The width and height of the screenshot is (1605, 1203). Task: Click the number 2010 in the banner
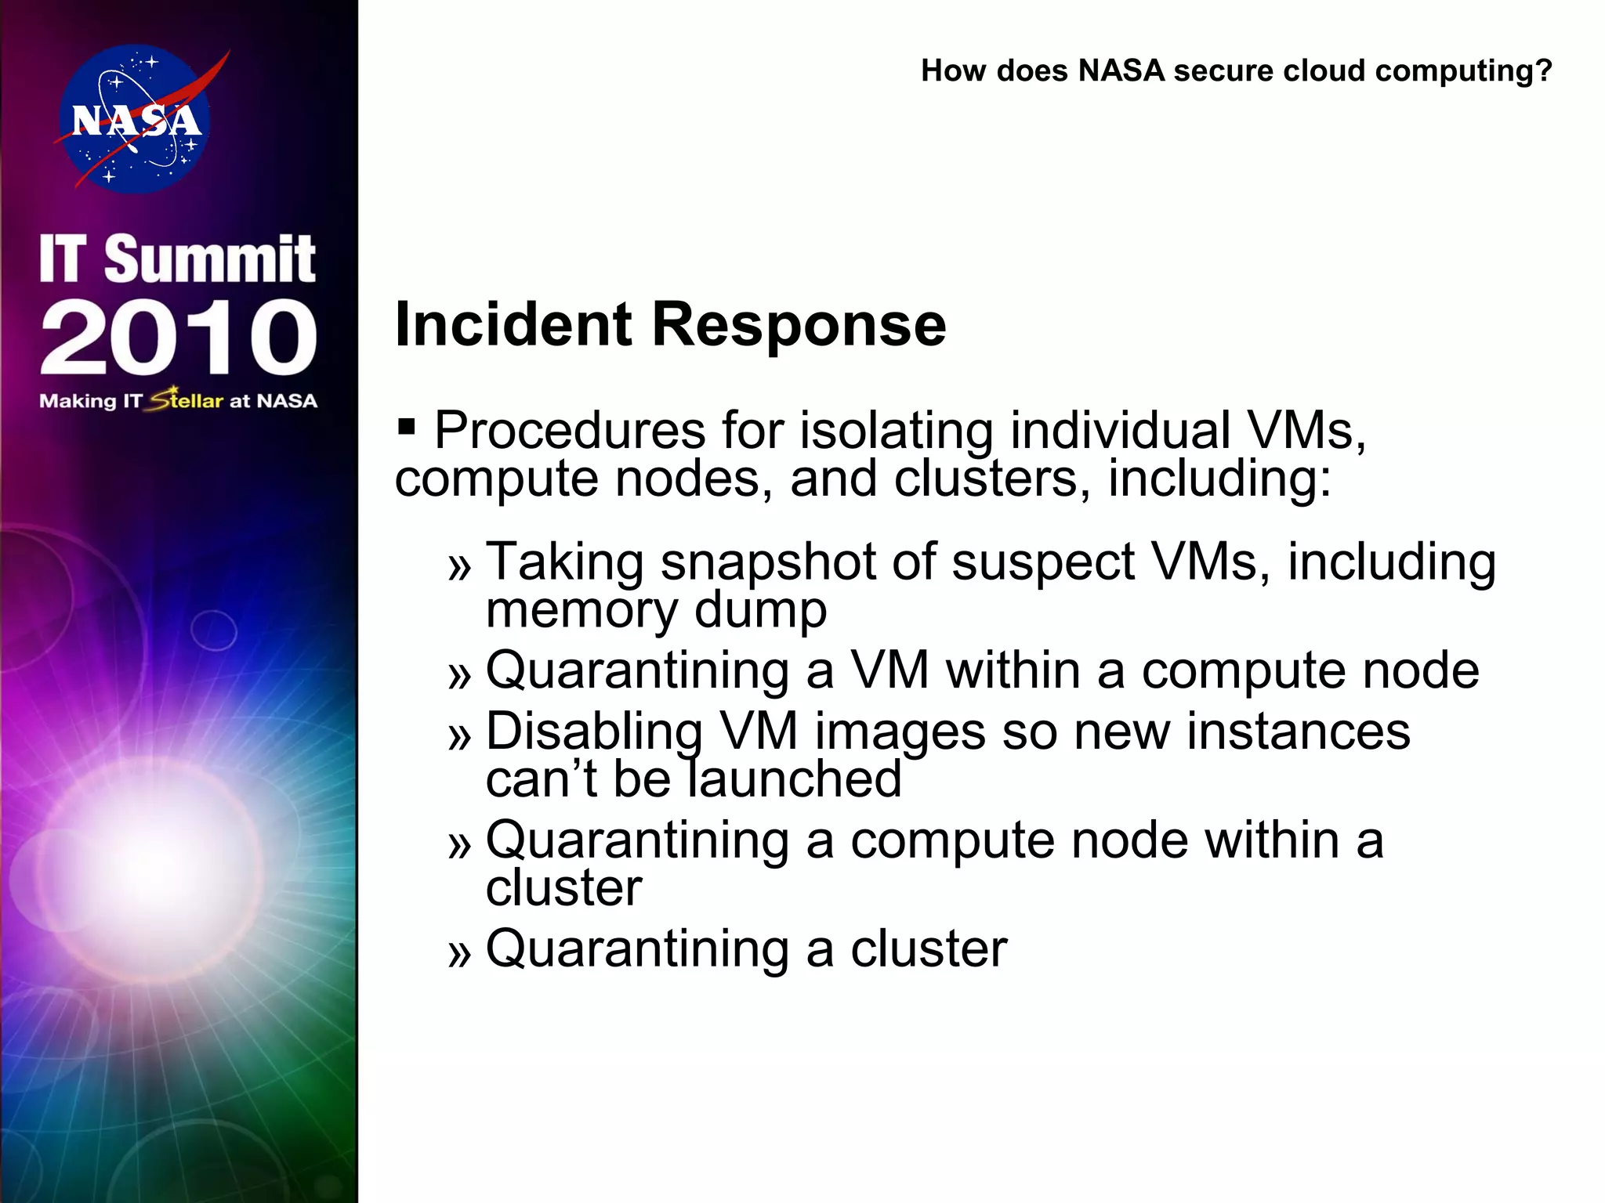179,338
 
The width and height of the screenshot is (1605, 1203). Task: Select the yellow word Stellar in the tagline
187,400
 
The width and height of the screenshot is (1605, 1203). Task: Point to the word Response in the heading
799,324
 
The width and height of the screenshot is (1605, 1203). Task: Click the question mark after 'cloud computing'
1543,70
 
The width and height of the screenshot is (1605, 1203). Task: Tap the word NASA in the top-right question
1121,70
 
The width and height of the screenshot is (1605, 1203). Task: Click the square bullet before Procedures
406,426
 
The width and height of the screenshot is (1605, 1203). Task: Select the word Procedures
570,430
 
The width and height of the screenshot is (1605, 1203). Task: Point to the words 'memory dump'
656,610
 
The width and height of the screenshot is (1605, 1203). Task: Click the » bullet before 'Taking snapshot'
459,566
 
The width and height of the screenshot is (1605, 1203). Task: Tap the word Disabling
594,732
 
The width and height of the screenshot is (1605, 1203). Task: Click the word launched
795,779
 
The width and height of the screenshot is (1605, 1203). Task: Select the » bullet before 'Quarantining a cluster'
459,953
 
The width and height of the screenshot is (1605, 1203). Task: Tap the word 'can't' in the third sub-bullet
541,779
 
